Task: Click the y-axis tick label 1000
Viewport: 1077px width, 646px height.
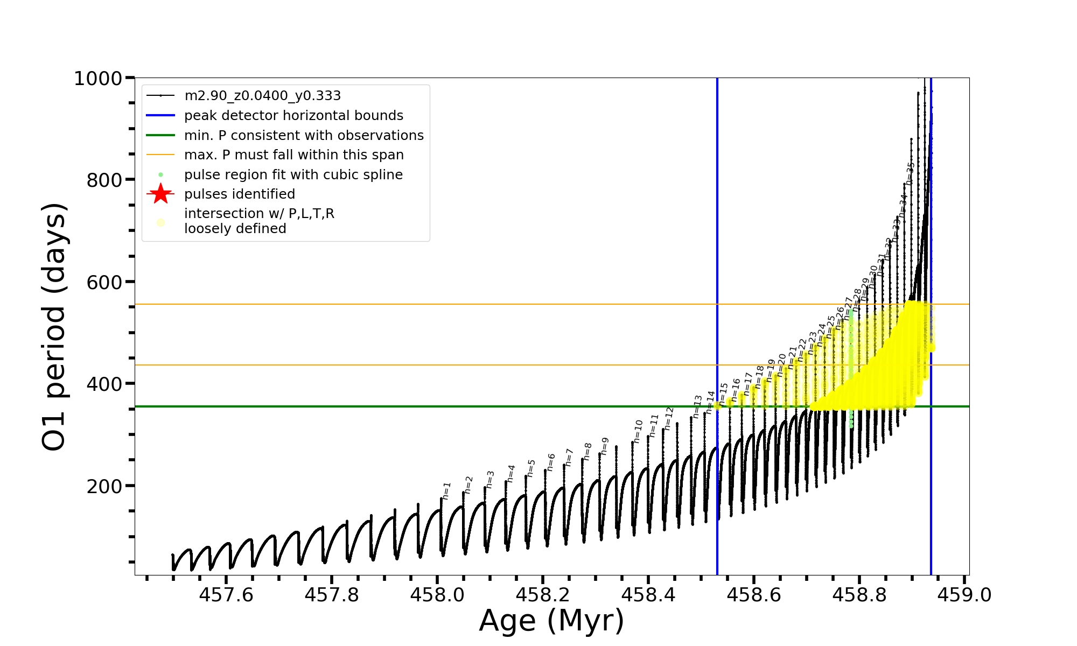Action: pos(97,79)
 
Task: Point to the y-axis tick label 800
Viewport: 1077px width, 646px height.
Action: pos(104,180)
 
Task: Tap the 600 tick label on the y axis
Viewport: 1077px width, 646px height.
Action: pos(104,282)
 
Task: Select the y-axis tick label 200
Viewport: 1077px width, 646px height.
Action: pos(104,486)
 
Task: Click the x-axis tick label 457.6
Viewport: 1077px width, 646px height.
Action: pos(226,595)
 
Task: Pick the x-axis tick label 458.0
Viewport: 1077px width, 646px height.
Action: pos(437,595)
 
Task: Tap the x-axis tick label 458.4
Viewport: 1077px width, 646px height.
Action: pos(648,595)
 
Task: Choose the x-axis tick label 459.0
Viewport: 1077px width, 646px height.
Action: pos(964,595)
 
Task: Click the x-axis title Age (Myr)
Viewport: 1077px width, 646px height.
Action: pos(551,621)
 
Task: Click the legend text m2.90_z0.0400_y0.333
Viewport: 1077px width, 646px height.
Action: pos(262,96)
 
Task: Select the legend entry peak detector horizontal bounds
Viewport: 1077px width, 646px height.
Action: pos(293,116)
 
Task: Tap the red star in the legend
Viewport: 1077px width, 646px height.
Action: pos(160,194)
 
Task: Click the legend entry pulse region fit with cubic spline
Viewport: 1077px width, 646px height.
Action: pos(293,175)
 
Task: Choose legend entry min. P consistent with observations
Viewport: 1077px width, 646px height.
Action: pos(304,136)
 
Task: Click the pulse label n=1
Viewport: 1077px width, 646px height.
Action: pos(446,491)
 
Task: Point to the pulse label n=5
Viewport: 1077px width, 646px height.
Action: pos(531,468)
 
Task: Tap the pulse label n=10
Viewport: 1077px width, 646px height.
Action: pos(638,432)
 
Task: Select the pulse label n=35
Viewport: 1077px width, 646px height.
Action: pos(910,173)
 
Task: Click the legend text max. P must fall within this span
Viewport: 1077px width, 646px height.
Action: pos(293,155)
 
